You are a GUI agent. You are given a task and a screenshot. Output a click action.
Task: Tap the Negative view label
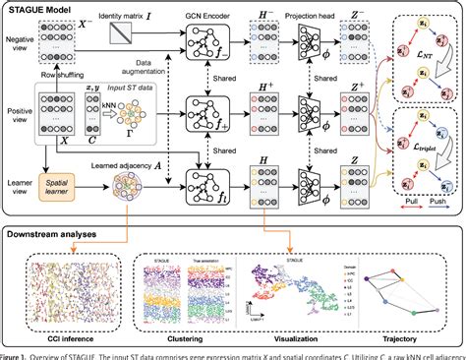(x=17, y=43)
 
